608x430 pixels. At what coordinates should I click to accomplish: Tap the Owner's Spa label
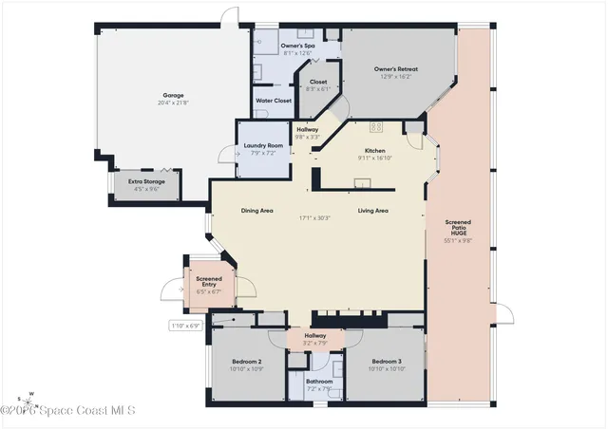pyautogui.click(x=297, y=46)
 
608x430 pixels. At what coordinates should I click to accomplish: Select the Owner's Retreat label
pyautogui.click(x=396, y=68)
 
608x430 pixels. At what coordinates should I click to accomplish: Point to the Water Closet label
pyautogui.click(x=275, y=101)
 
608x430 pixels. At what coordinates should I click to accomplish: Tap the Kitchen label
pyautogui.click(x=375, y=152)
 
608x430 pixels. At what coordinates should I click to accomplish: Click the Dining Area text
pyautogui.click(x=257, y=211)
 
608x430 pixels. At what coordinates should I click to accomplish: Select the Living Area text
pyautogui.click(x=372, y=211)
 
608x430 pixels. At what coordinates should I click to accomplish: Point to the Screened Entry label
pyautogui.click(x=208, y=282)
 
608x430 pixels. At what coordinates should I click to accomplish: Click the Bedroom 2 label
pyautogui.click(x=247, y=362)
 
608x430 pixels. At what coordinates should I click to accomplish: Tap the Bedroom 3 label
pyautogui.click(x=387, y=362)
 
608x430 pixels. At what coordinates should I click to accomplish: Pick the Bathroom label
pyautogui.click(x=319, y=382)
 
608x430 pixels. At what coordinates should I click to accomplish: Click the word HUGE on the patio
pyautogui.click(x=459, y=234)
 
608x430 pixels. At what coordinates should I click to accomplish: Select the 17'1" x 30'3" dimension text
pyautogui.click(x=315, y=218)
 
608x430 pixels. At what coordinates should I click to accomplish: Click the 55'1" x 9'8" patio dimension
pyautogui.click(x=459, y=241)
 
